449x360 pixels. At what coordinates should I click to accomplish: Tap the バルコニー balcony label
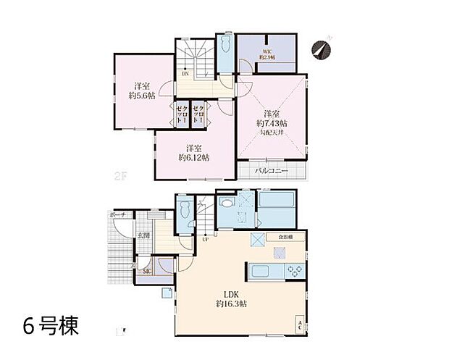pos(272,171)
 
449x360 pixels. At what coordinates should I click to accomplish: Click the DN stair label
pos(185,73)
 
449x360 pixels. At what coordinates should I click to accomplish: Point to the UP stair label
pos(206,240)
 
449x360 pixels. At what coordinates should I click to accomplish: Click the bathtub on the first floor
pos(275,211)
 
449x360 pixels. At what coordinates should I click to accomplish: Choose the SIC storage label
pos(147,271)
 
